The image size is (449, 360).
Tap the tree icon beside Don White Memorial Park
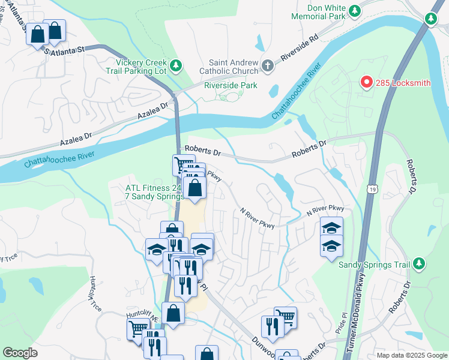coord(355,11)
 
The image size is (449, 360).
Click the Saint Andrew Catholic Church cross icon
coord(268,64)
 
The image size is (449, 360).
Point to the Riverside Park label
coord(231,85)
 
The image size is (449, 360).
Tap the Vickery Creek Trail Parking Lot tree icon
coord(176,64)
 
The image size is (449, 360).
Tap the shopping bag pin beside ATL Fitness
coord(194,188)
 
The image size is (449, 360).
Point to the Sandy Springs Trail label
coord(374,265)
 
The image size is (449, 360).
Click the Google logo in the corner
coord(20,353)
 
